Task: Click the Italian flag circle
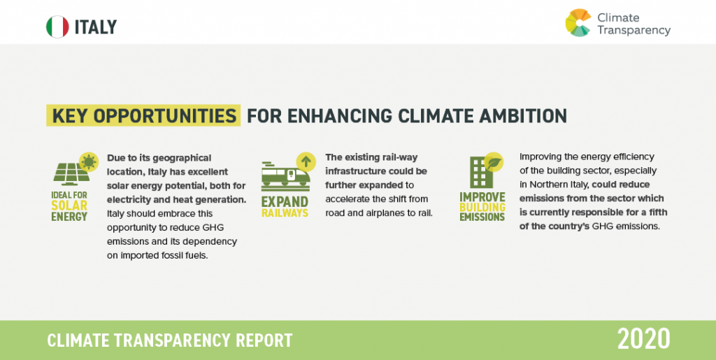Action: pyautogui.click(x=57, y=27)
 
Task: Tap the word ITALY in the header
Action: pyautogui.click(x=96, y=27)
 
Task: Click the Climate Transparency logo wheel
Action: pyautogui.click(x=578, y=22)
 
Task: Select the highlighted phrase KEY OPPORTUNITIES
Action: pyautogui.click(x=144, y=116)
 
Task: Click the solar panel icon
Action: pyautogui.click(x=71, y=174)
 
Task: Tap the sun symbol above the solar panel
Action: pyautogui.click(x=89, y=161)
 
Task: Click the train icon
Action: pyautogui.click(x=286, y=175)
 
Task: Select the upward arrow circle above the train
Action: pyautogui.click(x=306, y=161)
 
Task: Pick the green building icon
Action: pyautogui.click(x=481, y=173)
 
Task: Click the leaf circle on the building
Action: pyautogui.click(x=494, y=161)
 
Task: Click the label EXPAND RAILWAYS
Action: pyautogui.click(x=285, y=207)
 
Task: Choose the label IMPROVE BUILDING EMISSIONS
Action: pyautogui.click(x=482, y=207)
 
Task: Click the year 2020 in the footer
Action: pyautogui.click(x=644, y=340)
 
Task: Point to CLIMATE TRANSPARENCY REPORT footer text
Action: pyautogui.click(x=170, y=340)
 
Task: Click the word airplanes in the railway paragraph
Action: pyautogui.click(x=384, y=213)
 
